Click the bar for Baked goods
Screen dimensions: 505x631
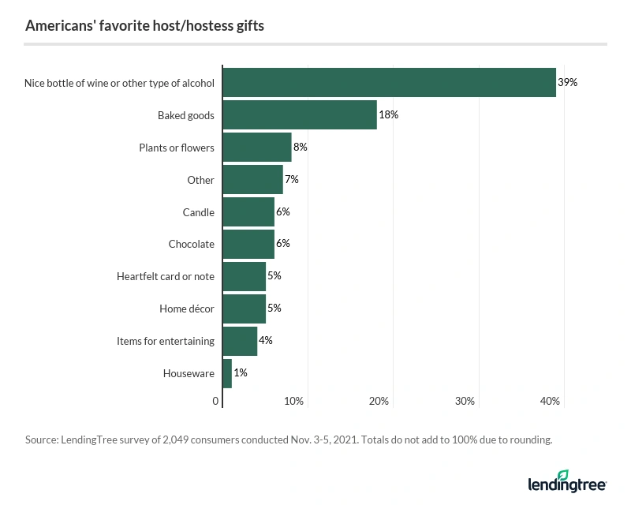(300, 115)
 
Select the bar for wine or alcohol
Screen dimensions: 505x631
(389, 82)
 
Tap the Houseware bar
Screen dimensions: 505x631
(227, 373)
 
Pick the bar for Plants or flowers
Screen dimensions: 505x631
(257, 148)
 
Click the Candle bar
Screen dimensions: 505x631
(248, 212)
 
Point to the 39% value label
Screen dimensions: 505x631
(568, 82)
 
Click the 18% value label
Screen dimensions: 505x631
(389, 115)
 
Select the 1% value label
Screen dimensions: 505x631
(241, 373)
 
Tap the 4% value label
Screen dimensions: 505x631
(266, 341)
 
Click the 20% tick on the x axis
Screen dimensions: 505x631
(379, 402)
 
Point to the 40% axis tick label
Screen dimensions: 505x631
(550, 402)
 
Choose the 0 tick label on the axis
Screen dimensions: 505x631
(216, 402)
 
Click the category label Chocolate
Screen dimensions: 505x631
(191, 245)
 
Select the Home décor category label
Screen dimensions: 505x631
(186, 309)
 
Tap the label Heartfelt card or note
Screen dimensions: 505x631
(166, 276)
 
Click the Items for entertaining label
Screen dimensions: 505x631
(166, 341)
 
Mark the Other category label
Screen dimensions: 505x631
(200, 180)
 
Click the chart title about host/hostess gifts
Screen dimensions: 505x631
(144, 26)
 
